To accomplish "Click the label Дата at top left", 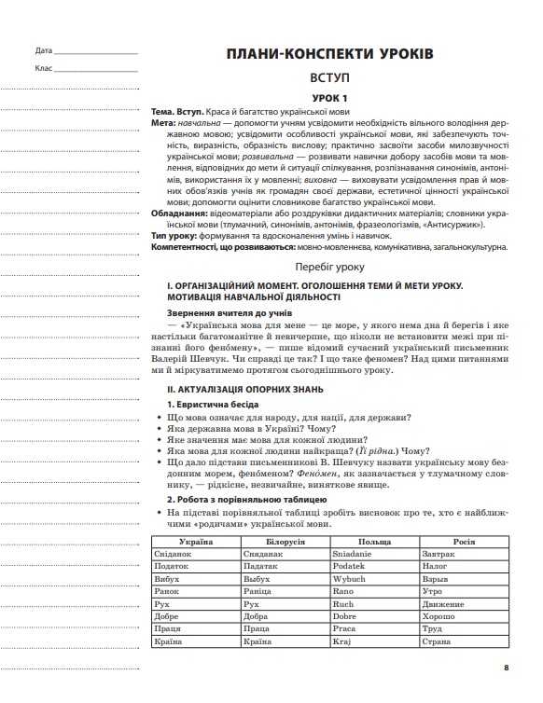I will pos(43,50).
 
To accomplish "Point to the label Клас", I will pos(43,69).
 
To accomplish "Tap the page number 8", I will pos(506,667).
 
